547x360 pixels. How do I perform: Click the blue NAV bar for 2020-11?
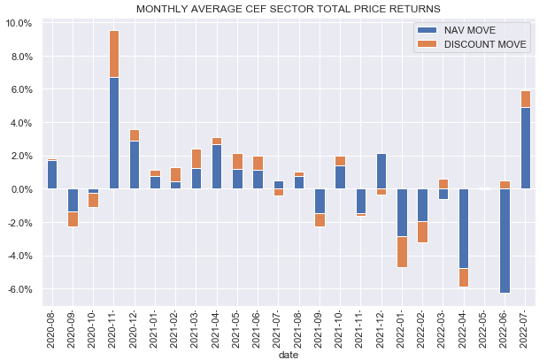tap(114, 133)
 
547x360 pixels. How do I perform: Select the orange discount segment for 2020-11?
tap(114, 54)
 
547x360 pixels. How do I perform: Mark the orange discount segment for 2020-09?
tap(73, 219)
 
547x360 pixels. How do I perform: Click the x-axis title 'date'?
tap(289, 353)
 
